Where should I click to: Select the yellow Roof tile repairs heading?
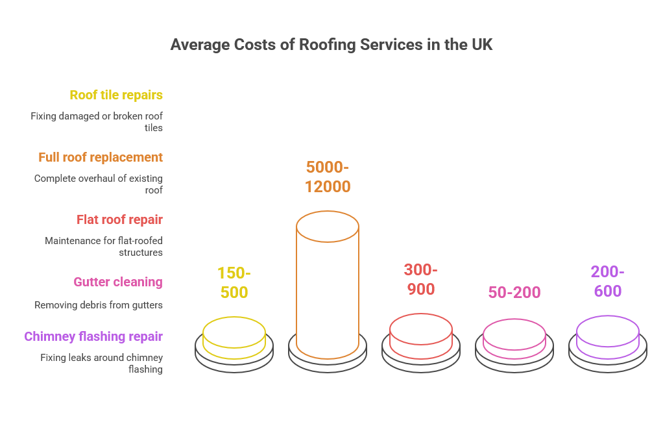pos(116,95)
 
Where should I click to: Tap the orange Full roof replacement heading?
pos(101,157)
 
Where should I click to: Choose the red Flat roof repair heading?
pos(119,219)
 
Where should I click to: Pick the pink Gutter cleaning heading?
pos(117,282)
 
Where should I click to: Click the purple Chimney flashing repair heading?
pos(93,336)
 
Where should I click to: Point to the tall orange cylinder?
pos(327,286)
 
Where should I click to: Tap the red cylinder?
pos(420,336)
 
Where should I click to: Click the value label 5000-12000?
pos(328,177)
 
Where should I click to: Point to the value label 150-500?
pos(234,282)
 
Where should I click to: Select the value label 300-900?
pos(420,279)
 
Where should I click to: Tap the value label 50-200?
pos(514,293)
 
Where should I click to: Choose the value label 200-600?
pos(607,282)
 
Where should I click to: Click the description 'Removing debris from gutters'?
pos(98,304)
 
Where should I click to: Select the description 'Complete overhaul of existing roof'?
pos(98,184)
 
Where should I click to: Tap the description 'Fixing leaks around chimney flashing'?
pos(101,363)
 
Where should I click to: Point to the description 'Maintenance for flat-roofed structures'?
pos(104,246)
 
